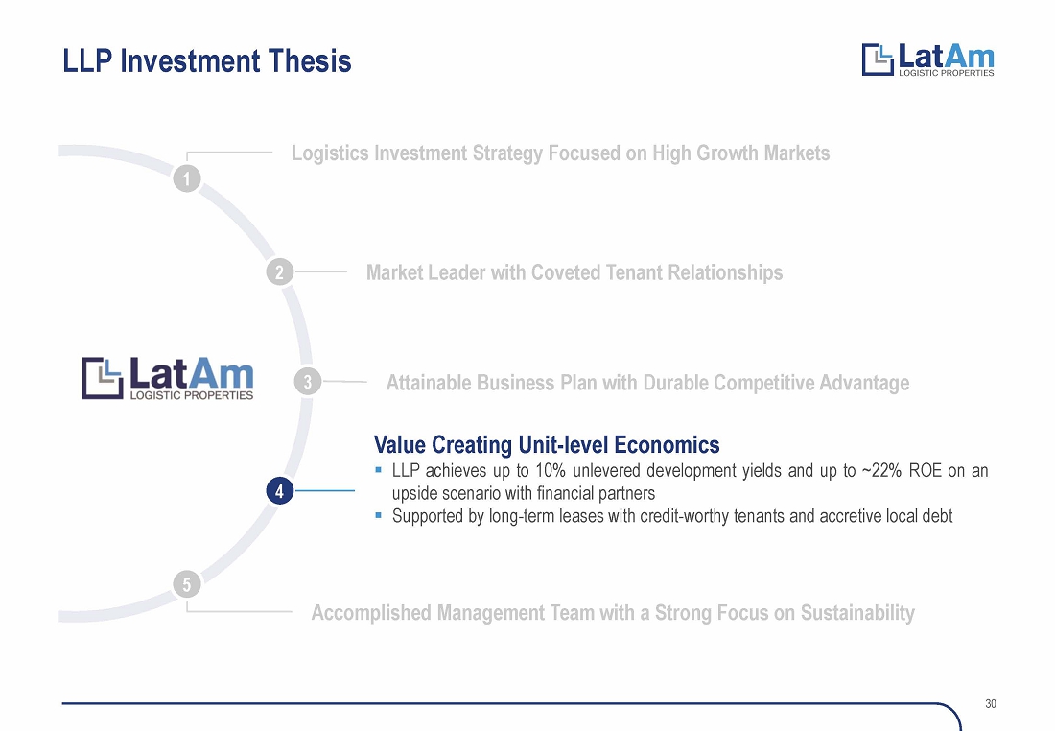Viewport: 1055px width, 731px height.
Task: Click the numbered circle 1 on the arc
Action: pyautogui.click(x=187, y=179)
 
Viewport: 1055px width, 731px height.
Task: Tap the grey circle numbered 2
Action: pyautogui.click(x=279, y=271)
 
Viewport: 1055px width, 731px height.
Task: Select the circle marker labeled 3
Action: pyautogui.click(x=308, y=383)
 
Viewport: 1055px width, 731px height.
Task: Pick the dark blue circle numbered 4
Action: pyautogui.click(x=279, y=491)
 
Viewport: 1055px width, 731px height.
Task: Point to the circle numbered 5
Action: pyautogui.click(x=187, y=583)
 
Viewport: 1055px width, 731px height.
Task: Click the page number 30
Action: pyautogui.click(x=991, y=703)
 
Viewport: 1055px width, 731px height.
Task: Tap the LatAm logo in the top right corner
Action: pyautogui.click(x=927, y=59)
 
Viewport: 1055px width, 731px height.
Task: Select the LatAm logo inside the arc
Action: pyautogui.click(x=168, y=378)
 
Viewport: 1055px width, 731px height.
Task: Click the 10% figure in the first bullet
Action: pyautogui.click(x=550, y=470)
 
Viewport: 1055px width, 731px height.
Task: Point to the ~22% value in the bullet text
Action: pyautogui.click(x=880, y=470)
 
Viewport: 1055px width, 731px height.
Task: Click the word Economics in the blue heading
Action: pyautogui.click(x=667, y=445)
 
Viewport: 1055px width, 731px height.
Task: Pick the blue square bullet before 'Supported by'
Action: pyautogui.click(x=378, y=515)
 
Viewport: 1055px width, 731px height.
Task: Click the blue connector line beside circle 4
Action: pyautogui.click(x=325, y=491)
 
